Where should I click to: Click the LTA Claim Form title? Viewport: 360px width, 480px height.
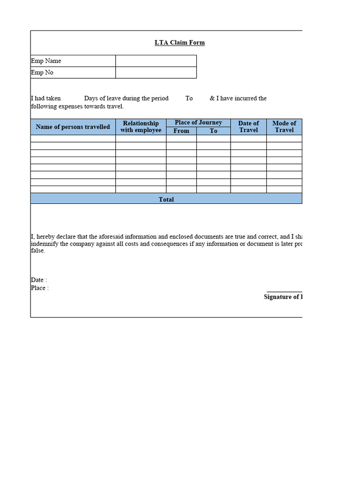pyautogui.click(x=180, y=43)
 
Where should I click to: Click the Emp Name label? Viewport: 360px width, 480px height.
pyautogui.click(x=46, y=61)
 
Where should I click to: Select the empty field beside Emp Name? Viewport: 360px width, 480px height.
pyautogui.click(x=156, y=61)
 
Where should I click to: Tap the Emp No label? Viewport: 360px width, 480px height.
pyautogui.click(x=42, y=73)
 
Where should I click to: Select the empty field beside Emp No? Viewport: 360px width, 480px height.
pyautogui.click(x=156, y=73)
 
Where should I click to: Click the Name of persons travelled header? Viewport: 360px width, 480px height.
pyautogui.click(x=73, y=127)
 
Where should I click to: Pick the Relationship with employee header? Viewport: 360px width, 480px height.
pyautogui.click(x=141, y=127)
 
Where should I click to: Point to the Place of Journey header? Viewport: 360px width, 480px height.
pyautogui.click(x=198, y=123)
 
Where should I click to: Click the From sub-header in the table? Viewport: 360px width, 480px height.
pyautogui.click(x=181, y=131)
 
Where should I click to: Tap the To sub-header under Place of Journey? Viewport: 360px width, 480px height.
pyautogui.click(x=213, y=131)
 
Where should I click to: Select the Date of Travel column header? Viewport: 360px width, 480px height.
pyautogui.click(x=248, y=127)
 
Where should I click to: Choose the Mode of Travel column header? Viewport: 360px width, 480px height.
pyautogui.click(x=284, y=127)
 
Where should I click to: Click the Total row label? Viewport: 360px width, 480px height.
pyautogui.click(x=166, y=200)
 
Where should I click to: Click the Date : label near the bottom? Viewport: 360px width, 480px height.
pyautogui.click(x=39, y=280)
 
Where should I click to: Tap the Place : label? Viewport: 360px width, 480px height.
pyautogui.click(x=40, y=288)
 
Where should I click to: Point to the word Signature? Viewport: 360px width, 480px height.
pyautogui.click(x=277, y=297)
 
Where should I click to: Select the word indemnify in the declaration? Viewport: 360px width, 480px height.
pyautogui.click(x=45, y=244)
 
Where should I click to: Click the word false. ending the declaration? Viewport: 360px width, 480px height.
pyautogui.click(x=38, y=251)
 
